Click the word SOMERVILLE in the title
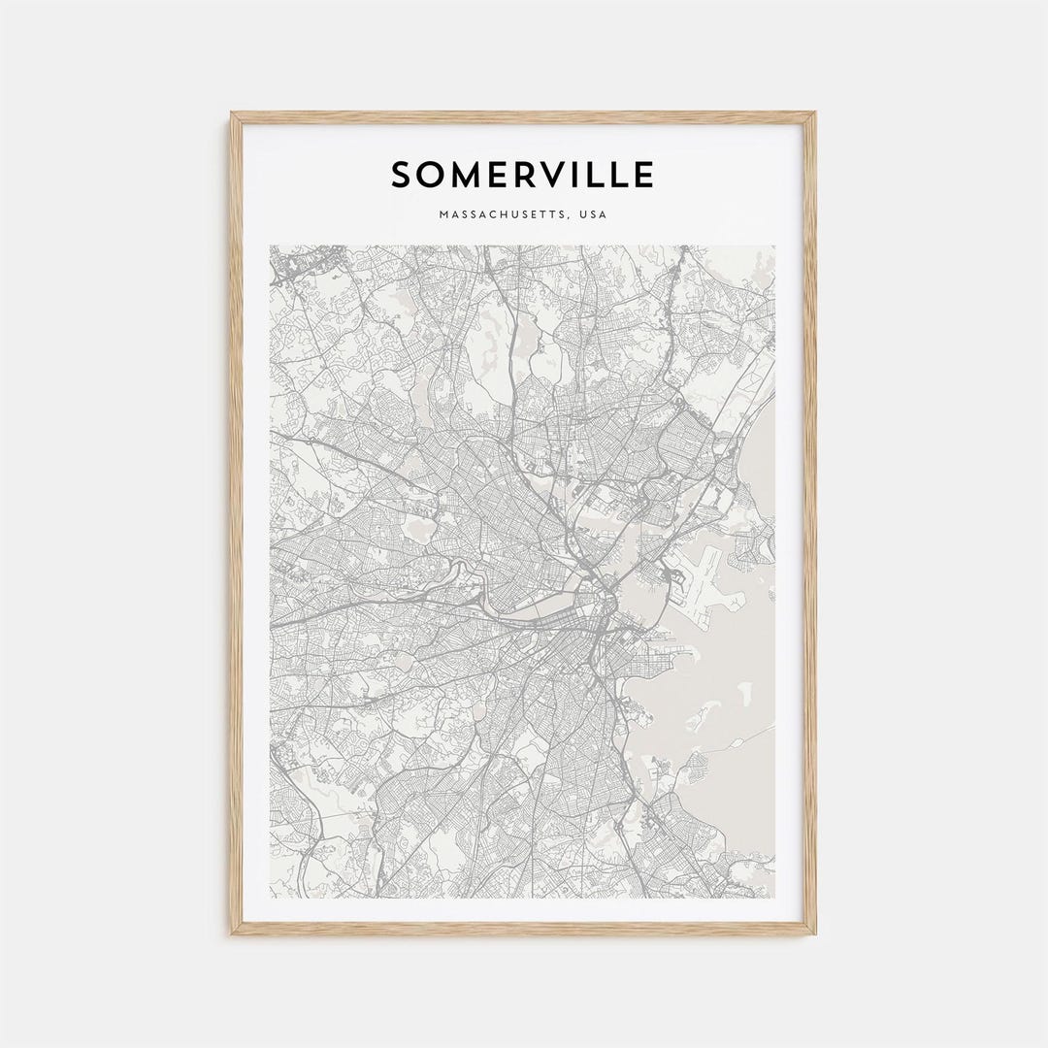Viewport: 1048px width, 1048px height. [522, 176]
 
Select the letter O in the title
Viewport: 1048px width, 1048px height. [432, 176]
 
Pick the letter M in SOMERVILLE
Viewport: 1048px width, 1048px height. [467, 176]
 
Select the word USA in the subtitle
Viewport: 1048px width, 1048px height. [592, 214]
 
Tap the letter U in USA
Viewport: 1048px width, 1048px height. [582, 214]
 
